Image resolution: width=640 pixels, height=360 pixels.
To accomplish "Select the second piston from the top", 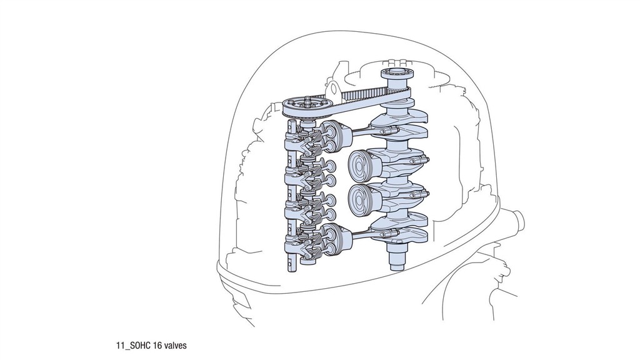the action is click(x=362, y=163).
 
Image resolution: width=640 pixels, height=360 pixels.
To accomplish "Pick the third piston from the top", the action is click(x=362, y=197).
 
